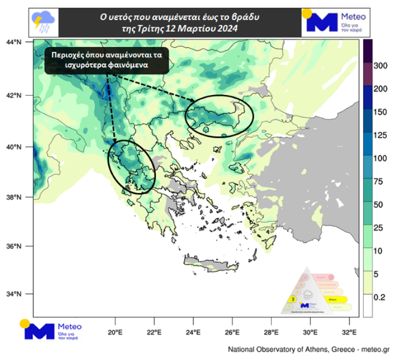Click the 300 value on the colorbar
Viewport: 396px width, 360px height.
(x=381, y=66)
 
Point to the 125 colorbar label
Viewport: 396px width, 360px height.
(x=381, y=135)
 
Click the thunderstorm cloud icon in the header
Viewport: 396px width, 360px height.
(x=42, y=21)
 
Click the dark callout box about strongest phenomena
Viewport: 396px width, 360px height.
(x=107, y=59)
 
